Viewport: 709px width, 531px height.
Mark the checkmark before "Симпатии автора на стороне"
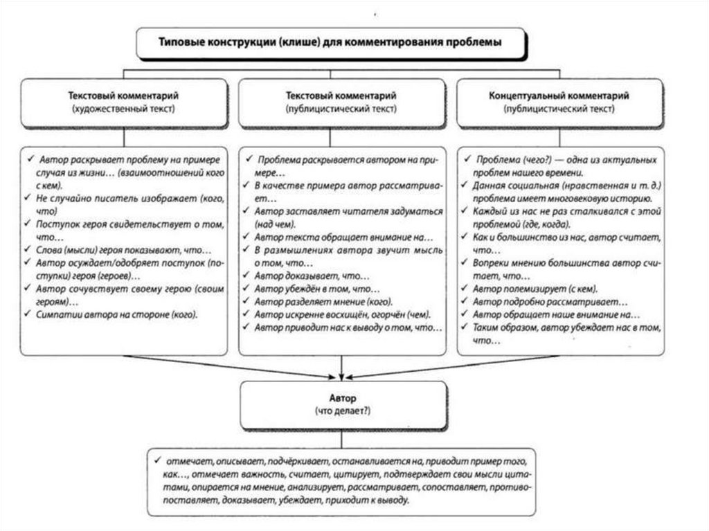pos(30,314)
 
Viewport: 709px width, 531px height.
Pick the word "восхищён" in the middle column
pos(362,314)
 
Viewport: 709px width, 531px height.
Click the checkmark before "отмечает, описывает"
pos(159,460)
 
